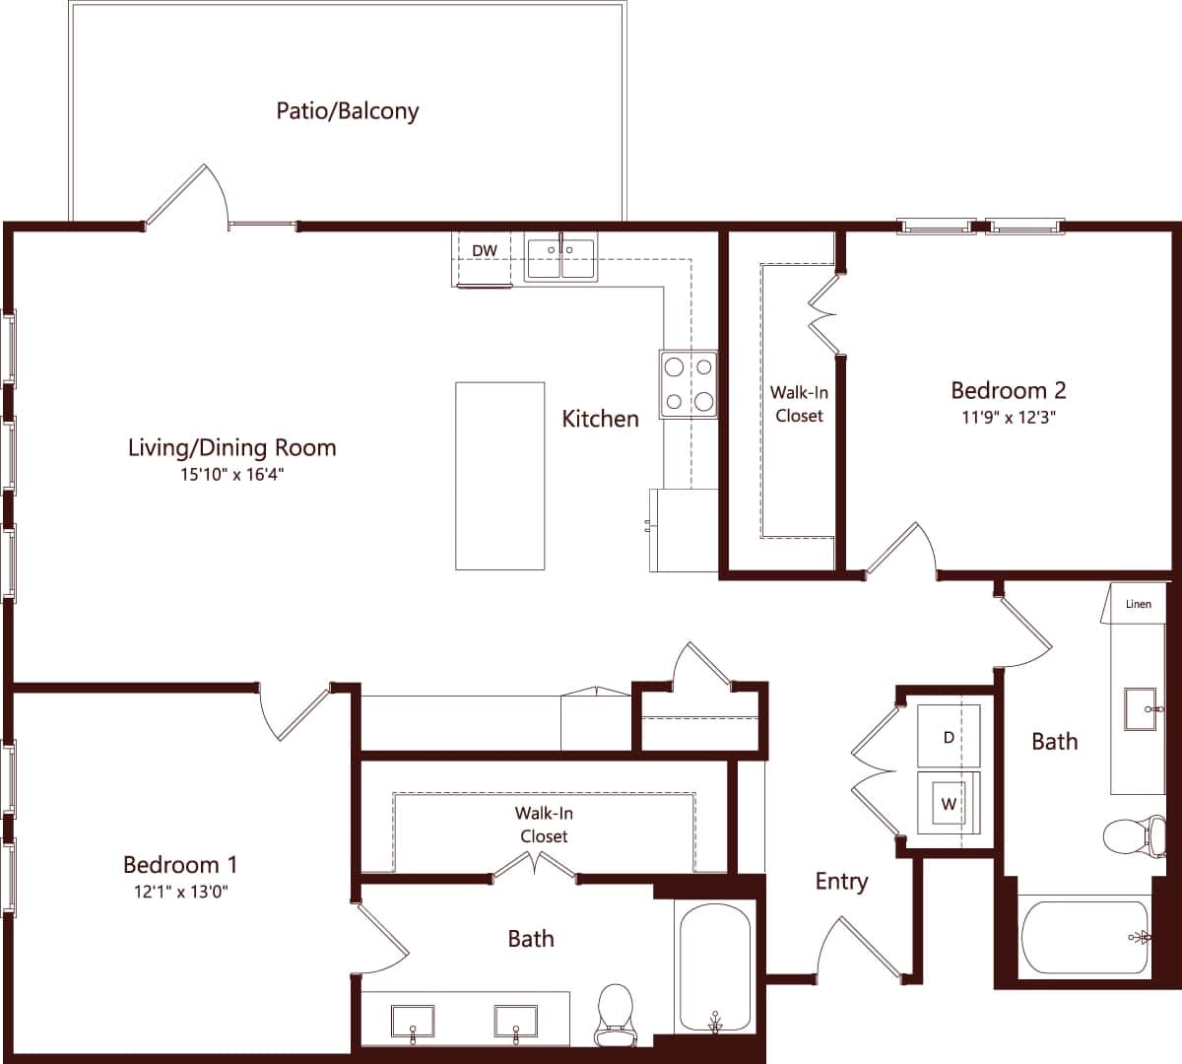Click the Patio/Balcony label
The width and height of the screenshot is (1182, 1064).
[x=347, y=110]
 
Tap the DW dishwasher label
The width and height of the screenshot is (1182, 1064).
[x=484, y=251]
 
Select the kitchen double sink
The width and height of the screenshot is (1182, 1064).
[x=559, y=258]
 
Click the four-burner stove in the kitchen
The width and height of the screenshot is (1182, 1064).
[x=689, y=383]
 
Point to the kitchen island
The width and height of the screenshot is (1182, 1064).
[x=499, y=476]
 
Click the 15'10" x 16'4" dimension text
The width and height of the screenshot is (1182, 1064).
[x=232, y=475]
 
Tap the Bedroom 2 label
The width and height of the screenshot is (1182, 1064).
[x=1008, y=390]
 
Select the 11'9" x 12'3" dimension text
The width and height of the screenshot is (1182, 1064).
[x=1008, y=417]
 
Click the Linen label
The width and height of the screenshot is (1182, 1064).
[x=1138, y=604]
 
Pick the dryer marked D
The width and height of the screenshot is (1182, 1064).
[x=949, y=736]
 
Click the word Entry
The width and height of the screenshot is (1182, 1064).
[x=841, y=882]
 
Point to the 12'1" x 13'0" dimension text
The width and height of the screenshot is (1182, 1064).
[x=179, y=893]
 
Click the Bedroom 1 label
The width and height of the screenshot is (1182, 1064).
[x=179, y=865]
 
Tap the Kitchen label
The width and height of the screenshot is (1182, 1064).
[x=600, y=419]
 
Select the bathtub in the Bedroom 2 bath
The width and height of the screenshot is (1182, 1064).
[x=1084, y=937]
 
